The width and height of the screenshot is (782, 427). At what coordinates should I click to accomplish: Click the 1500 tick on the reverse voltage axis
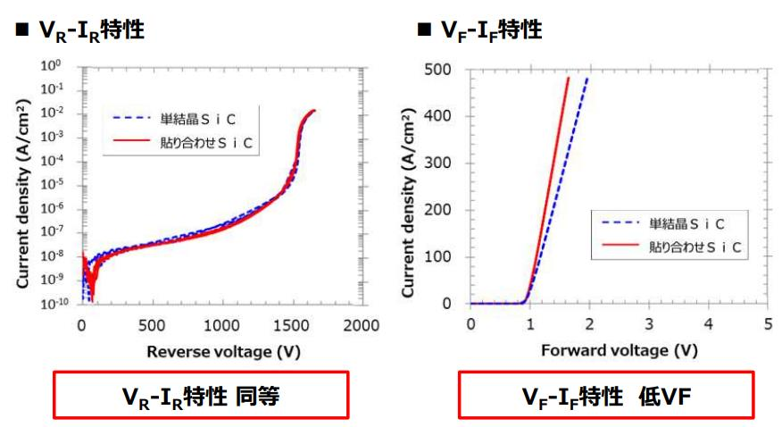[x=291, y=326]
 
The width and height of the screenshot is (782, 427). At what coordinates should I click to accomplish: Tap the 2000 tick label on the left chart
[x=361, y=326]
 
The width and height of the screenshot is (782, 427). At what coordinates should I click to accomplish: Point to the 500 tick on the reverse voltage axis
[x=152, y=326]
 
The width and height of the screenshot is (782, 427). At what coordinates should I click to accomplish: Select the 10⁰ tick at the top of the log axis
[x=51, y=65]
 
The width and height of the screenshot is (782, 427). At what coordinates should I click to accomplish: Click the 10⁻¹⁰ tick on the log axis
[x=54, y=303]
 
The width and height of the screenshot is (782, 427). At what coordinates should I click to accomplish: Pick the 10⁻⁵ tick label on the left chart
[x=52, y=184]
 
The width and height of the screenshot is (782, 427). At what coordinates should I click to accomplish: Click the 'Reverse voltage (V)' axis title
[x=223, y=352]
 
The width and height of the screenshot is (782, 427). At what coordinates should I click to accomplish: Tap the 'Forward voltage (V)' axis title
[x=620, y=351]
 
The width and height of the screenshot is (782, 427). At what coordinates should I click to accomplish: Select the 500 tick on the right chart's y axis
[x=437, y=70]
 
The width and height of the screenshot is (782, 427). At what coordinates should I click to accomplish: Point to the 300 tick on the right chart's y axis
[x=437, y=163]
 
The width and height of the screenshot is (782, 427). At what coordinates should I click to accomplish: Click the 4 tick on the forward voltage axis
[x=709, y=324]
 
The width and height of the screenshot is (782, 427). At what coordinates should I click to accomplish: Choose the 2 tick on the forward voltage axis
[x=589, y=324]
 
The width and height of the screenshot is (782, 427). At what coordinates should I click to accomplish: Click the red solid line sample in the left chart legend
[x=131, y=141]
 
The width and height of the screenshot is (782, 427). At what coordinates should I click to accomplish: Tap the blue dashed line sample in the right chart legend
[x=620, y=222]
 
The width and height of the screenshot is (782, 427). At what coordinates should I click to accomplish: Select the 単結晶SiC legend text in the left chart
[x=198, y=119]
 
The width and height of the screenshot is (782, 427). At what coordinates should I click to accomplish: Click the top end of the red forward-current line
[x=568, y=78]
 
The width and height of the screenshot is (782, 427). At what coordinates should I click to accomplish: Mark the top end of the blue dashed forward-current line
[x=587, y=78]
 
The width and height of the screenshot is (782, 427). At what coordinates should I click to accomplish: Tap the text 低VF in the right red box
[x=665, y=397]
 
